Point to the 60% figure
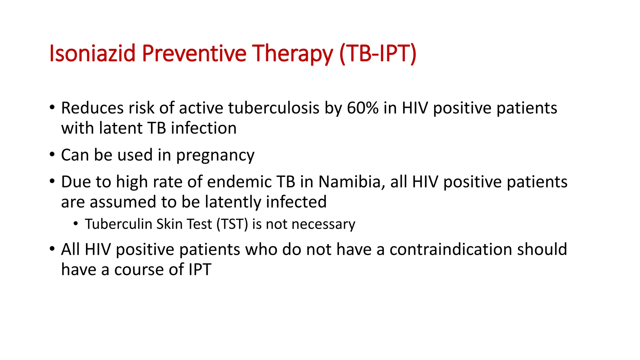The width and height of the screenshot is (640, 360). click(362, 108)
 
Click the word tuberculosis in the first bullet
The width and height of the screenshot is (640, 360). click(274, 108)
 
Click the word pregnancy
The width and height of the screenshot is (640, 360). click(215, 155)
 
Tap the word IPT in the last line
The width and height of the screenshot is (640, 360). click(200, 269)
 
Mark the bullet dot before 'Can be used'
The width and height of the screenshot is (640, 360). click(52, 154)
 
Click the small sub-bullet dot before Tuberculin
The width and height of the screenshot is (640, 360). click(76, 224)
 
